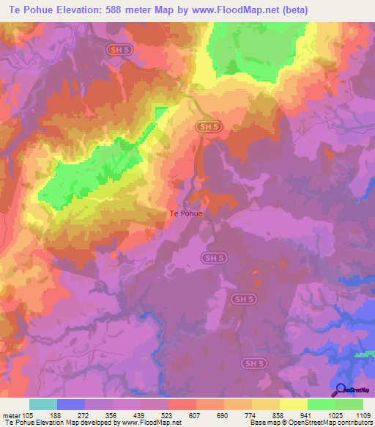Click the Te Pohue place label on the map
coord(185,213)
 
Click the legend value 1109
coord(362,415)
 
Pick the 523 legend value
coord(168,415)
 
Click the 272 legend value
coord(84,415)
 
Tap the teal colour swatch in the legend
coord(42,404)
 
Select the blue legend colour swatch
coord(70,404)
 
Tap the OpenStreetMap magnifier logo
coord(339,390)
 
